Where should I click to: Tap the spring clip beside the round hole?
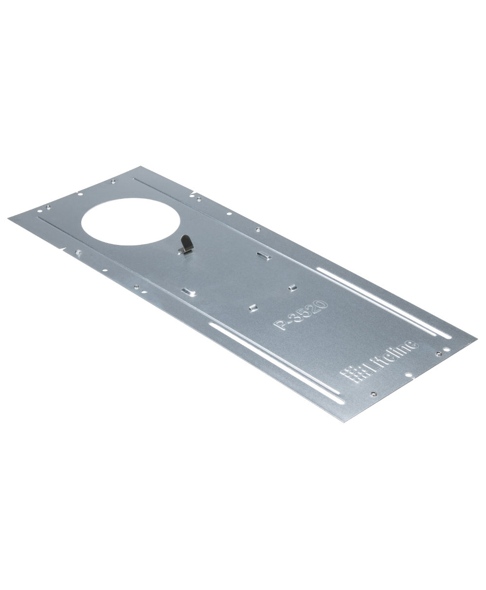tap(185, 244)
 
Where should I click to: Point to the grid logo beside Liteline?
tap(354, 374)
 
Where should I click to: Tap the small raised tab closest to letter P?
tap(253, 307)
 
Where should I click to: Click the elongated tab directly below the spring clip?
tap(188, 292)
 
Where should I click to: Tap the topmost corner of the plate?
tap(141, 167)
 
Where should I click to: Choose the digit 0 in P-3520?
tap(321, 306)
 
